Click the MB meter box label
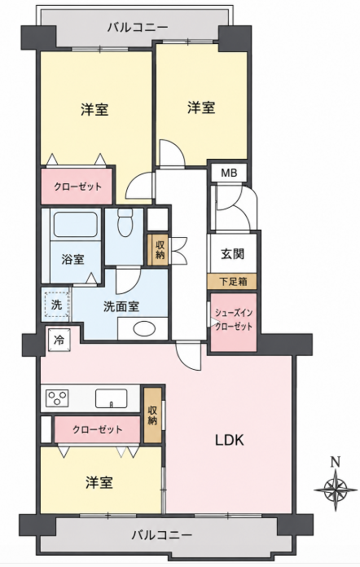[x=229, y=173]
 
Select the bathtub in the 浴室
[x=75, y=225]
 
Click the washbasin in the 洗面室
[x=144, y=328]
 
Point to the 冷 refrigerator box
[x=59, y=340]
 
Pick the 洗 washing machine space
[x=57, y=305]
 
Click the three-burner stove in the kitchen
[x=58, y=398]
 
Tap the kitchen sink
[x=111, y=398]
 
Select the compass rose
[x=336, y=490]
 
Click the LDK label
[x=230, y=440]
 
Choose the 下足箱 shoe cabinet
[x=233, y=281]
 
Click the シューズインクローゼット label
[x=234, y=319]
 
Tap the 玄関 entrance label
[x=232, y=254]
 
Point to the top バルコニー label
[x=138, y=28]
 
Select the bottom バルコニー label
[x=161, y=534]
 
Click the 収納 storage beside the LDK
[x=152, y=415]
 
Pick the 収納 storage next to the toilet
[x=158, y=250]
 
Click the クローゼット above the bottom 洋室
[x=97, y=429]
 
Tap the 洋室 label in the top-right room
[x=201, y=108]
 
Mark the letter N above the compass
[x=336, y=462]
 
